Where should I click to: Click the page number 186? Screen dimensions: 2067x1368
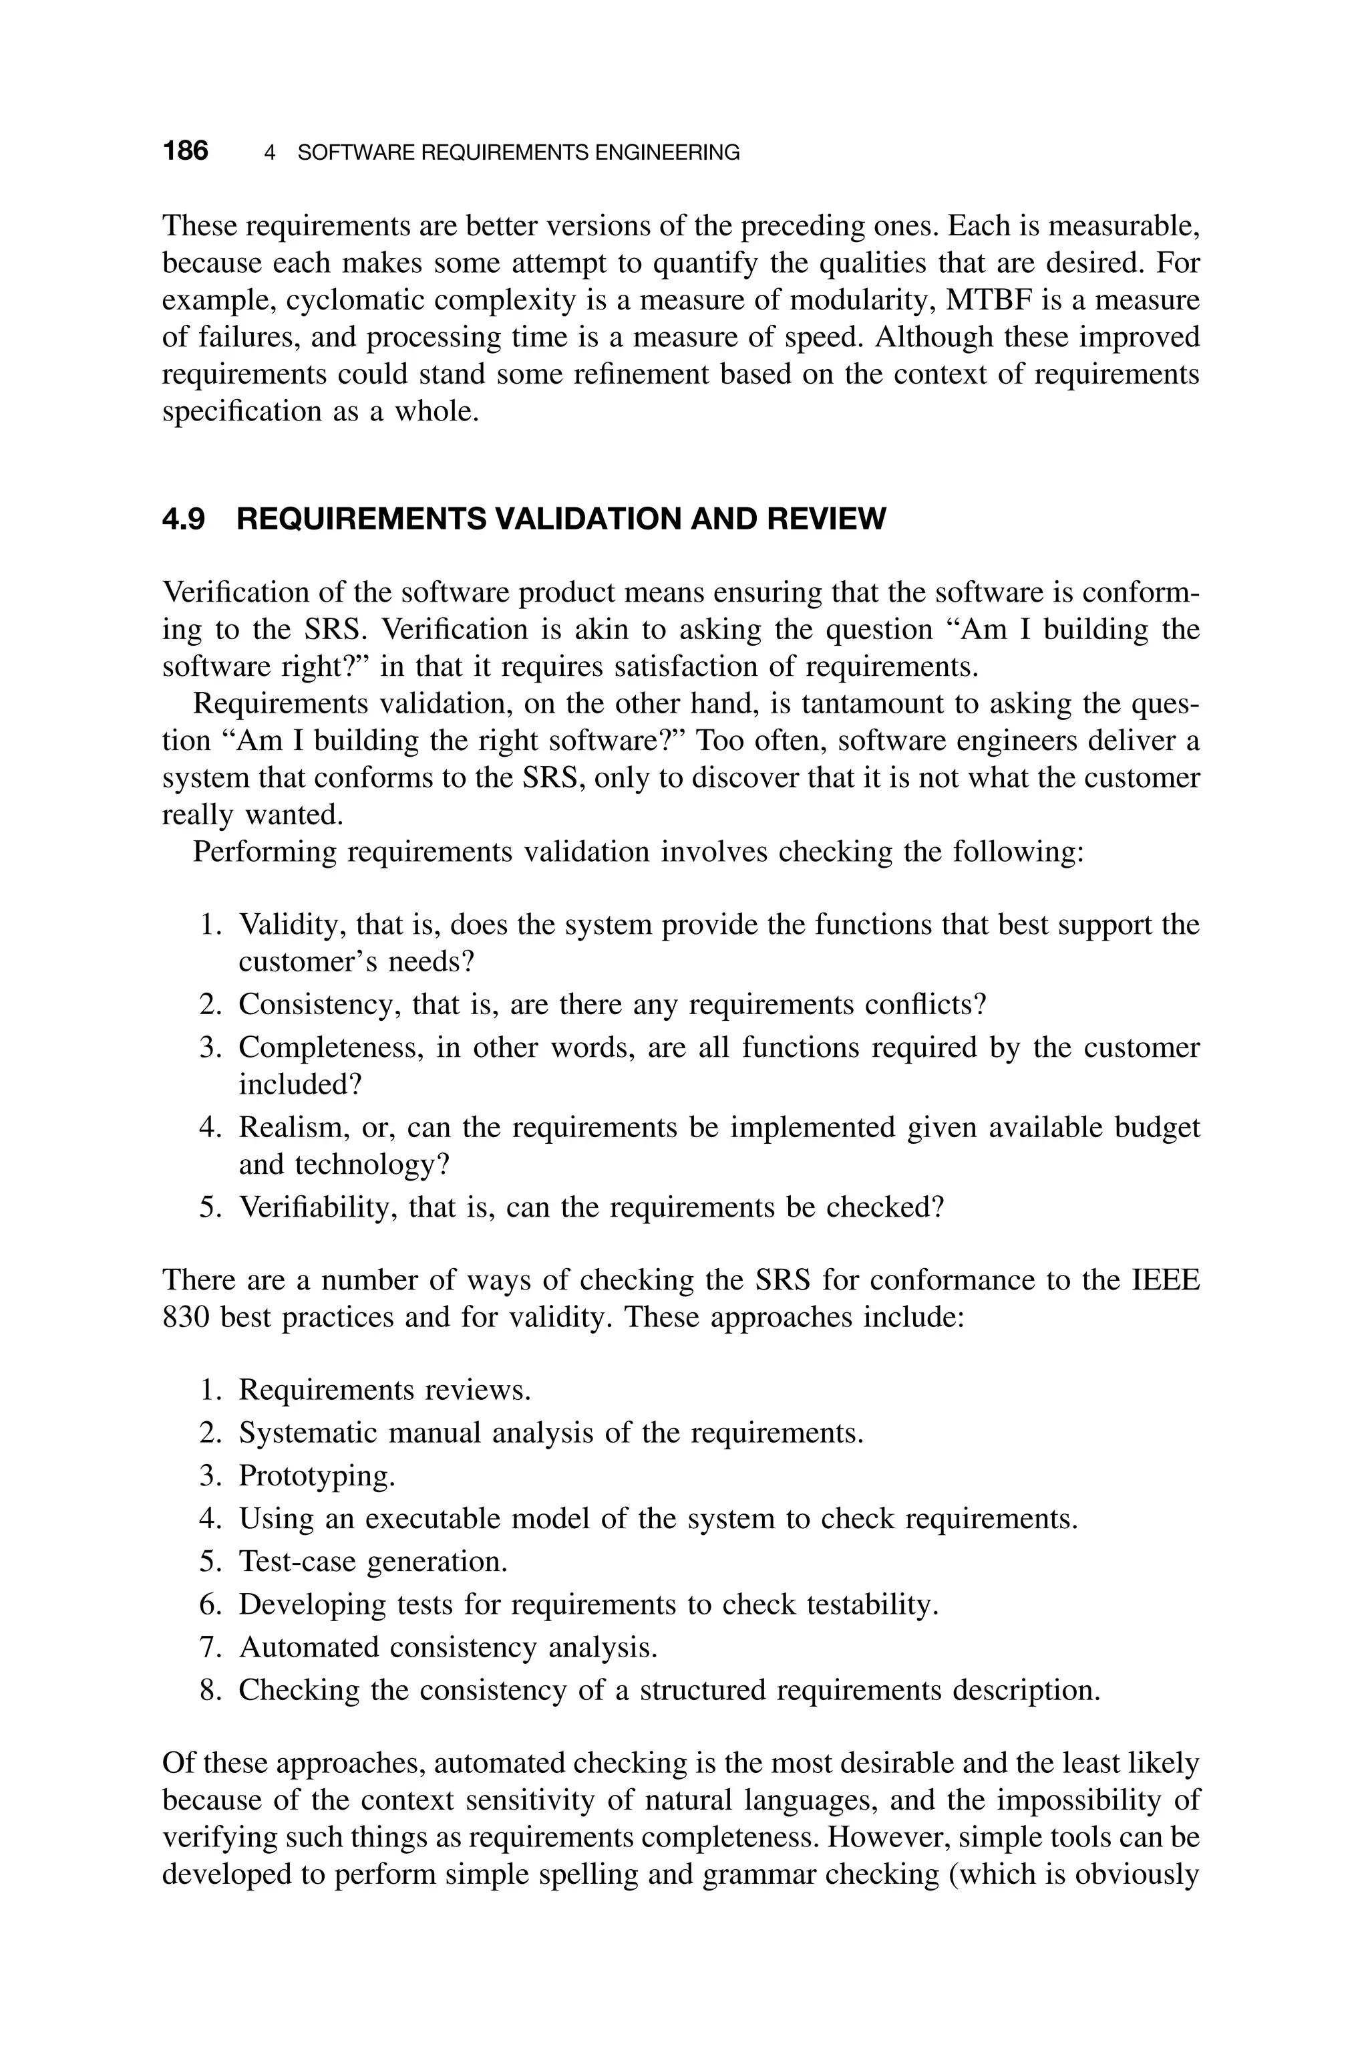pos(185,152)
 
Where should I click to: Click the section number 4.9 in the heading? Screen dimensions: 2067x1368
pos(183,519)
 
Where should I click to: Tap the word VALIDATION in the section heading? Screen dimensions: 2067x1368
pos(588,519)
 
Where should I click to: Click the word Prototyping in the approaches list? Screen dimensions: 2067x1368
pos(316,1476)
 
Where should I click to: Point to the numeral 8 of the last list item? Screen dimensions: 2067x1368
pos(208,1690)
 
